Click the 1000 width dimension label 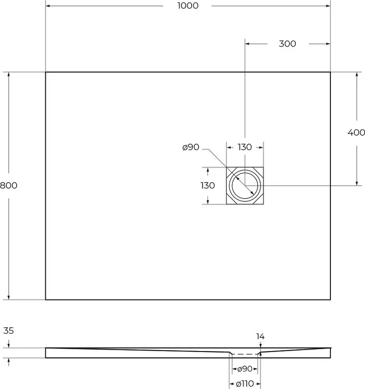click(188, 6)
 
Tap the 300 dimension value click(287, 44)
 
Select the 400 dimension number click(356, 132)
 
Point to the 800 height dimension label click(8, 185)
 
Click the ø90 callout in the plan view click(191, 147)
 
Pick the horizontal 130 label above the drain click(245, 147)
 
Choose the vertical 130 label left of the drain click(208, 185)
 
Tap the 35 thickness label click(8, 331)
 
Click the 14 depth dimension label click(260, 336)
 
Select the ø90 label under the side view click(245, 369)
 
